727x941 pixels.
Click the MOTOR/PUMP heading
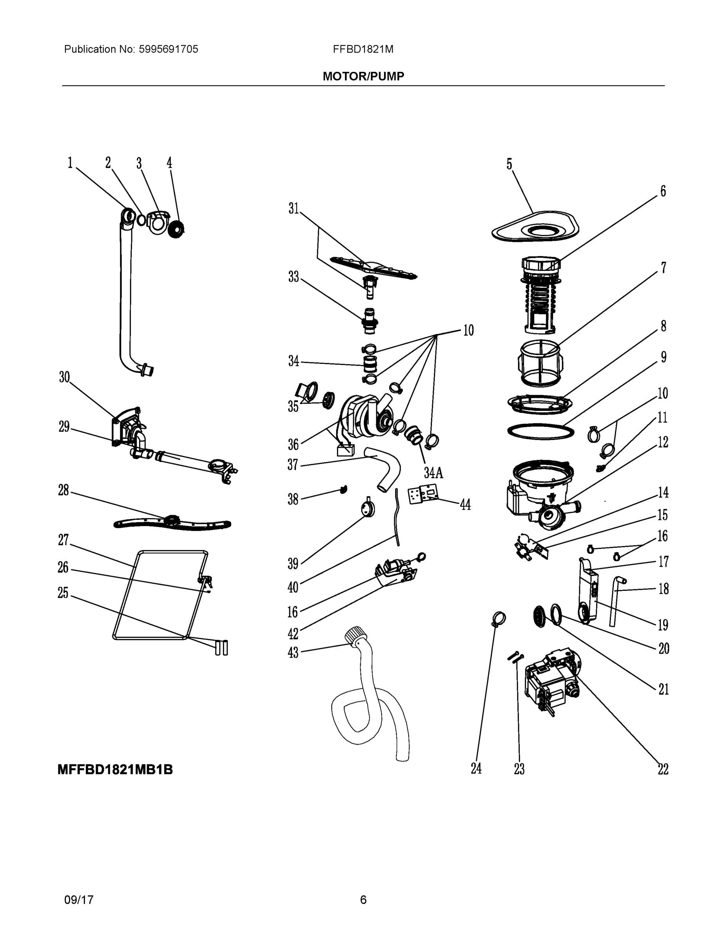pos(363,76)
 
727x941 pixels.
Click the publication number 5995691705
pos(168,49)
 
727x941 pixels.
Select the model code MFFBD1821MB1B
pos(115,770)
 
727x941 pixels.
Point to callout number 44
pos(465,504)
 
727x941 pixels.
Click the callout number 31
pos(293,209)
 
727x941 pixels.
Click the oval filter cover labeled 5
pos(535,227)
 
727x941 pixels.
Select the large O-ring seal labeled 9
pos(541,431)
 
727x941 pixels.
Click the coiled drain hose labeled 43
pos(370,707)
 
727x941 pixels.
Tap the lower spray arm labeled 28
pos(172,523)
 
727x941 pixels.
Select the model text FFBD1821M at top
pos(363,49)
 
